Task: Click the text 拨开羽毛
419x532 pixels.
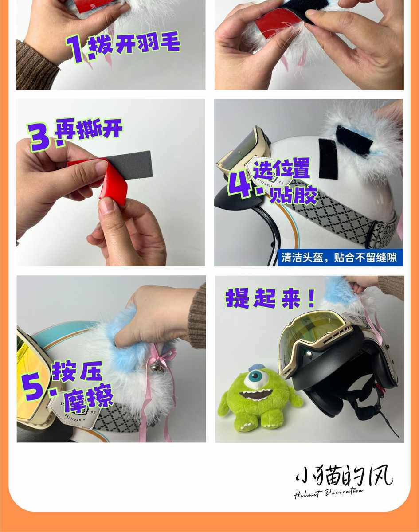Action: tap(134, 44)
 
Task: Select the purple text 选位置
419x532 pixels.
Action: tap(281, 169)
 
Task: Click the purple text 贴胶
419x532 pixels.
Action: tap(294, 196)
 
